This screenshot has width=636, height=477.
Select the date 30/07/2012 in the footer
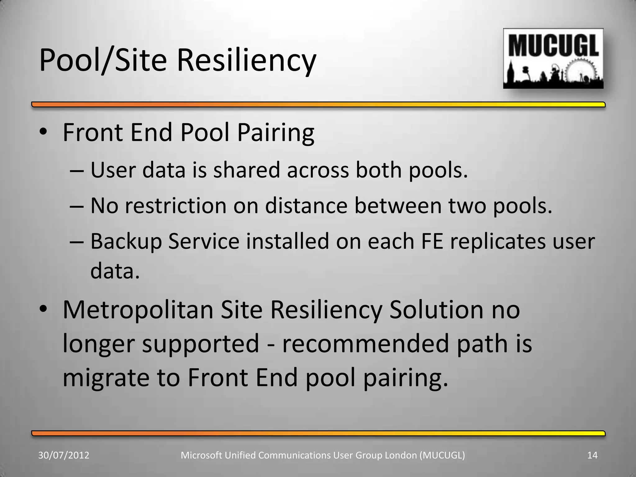coord(64,455)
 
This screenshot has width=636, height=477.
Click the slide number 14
coord(592,455)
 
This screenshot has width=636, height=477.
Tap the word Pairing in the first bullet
coord(276,133)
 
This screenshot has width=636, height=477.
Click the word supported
coord(201,344)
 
